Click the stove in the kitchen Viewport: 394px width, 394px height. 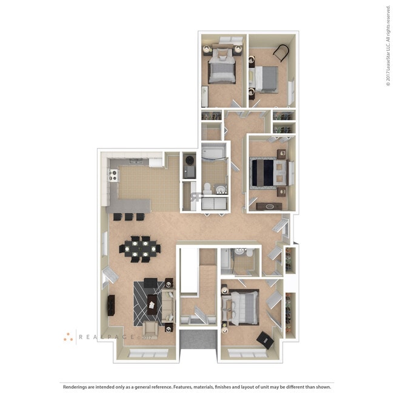pyautogui.click(x=113, y=175)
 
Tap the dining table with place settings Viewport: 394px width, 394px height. pyautogui.click(x=141, y=248)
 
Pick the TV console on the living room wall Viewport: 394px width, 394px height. pyautogui.click(x=112, y=305)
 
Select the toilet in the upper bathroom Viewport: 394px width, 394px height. pyautogui.click(x=206, y=188)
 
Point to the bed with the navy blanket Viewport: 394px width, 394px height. pyautogui.click(x=269, y=172)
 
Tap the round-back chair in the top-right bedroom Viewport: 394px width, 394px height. pyautogui.click(x=282, y=54)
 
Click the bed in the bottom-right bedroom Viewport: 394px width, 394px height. pyautogui.click(x=242, y=304)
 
